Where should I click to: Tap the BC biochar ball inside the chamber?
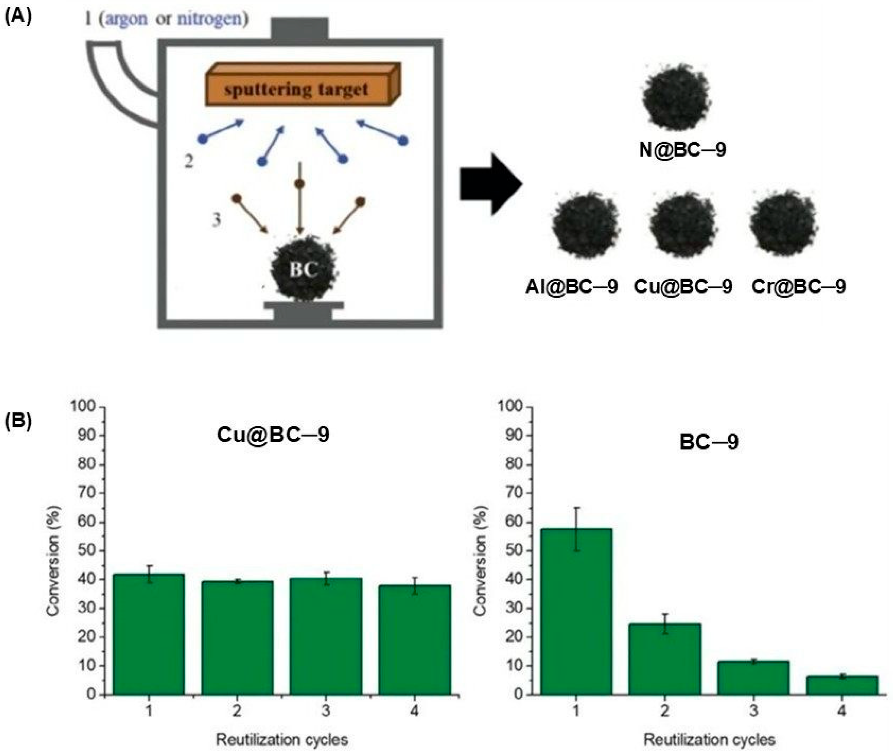(x=303, y=268)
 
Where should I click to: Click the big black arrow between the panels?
(x=490, y=184)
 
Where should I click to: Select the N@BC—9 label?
(x=682, y=150)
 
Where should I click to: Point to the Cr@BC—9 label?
(x=798, y=286)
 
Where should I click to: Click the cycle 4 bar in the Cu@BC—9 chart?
(x=414, y=639)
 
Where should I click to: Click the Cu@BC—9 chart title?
(x=273, y=435)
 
